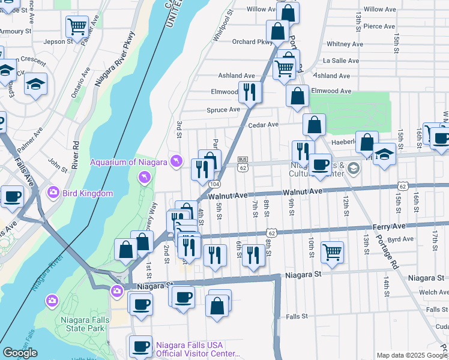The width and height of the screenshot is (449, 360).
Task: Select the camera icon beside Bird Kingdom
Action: (52, 193)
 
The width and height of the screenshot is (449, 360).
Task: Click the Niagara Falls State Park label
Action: (85, 324)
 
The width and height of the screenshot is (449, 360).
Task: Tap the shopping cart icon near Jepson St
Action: (77, 26)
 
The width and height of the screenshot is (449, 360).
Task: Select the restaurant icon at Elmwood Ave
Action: (250, 92)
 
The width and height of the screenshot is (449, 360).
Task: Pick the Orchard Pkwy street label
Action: (252, 42)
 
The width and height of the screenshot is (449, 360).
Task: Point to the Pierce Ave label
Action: (379, 26)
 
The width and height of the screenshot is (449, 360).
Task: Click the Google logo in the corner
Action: (20, 353)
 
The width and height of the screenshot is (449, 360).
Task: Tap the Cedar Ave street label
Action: (264, 125)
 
